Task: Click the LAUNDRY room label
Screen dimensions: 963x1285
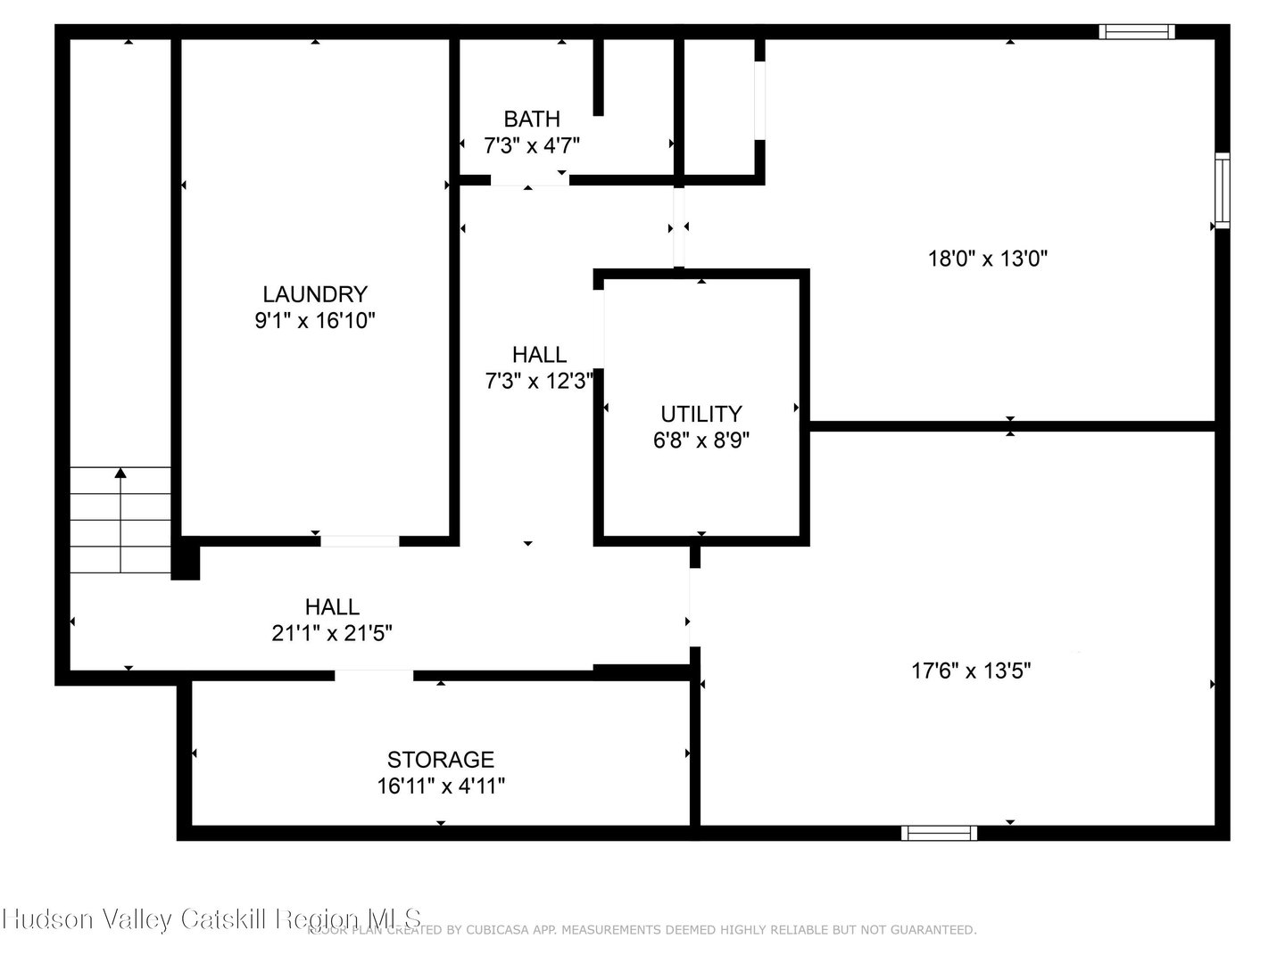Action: click(314, 293)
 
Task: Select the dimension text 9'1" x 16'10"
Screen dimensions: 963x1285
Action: click(314, 320)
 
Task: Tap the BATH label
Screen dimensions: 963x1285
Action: click(532, 119)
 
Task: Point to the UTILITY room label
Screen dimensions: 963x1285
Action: click(701, 414)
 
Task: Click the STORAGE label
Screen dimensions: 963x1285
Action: click(440, 760)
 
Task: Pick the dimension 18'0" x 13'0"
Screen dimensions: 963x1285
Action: click(987, 259)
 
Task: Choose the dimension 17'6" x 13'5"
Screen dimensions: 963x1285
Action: click(971, 671)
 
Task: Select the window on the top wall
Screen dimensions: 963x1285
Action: click(1136, 32)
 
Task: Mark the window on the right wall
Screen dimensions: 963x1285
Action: click(1222, 191)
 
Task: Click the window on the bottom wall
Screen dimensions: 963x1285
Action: click(939, 833)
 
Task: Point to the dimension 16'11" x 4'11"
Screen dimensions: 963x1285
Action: click(440, 786)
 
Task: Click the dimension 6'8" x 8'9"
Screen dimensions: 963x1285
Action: click(701, 440)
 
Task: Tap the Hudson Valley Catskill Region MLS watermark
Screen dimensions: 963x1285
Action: click(211, 919)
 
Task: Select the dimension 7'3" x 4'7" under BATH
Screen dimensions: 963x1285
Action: click(532, 145)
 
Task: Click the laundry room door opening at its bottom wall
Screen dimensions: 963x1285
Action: click(360, 540)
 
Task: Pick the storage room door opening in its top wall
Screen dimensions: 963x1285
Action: click(374, 675)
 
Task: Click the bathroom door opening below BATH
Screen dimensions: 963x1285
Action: click(529, 180)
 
